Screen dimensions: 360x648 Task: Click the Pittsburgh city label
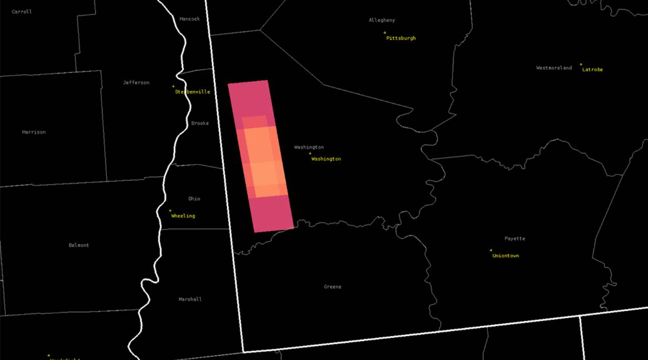pyautogui.click(x=401, y=38)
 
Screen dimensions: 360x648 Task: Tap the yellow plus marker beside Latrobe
pyautogui.click(x=581, y=64)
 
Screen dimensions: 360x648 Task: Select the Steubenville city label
pyautogui.click(x=192, y=92)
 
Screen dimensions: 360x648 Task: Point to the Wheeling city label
pyautogui.click(x=183, y=216)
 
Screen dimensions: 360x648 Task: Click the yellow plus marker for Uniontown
pyautogui.click(x=491, y=250)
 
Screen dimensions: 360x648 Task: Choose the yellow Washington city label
pyautogui.click(x=326, y=159)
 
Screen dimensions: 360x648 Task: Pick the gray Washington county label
pyautogui.click(x=309, y=147)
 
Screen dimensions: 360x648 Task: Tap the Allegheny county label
pyautogui.click(x=382, y=21)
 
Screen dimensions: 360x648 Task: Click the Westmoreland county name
pyautogui.click(x=554, y=68)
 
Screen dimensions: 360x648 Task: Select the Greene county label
pyautogui.click(x=333, y=287)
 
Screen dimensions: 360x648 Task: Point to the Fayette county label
pyautogui.click(x=515, y=239)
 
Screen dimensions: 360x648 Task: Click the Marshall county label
pyautogui.click(x=190, y=299)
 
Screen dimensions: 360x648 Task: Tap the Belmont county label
pyautogui.click(x=79, y=245)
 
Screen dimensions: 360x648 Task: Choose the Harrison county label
pyautogui.click(x=34, y=132)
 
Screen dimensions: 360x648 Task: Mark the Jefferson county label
pyautogui.click(x=136, y=83)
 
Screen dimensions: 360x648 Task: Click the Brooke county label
pyautogui.click(x=200, y=123)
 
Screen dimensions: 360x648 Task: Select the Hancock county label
pyautogui.click(x=190, y=19)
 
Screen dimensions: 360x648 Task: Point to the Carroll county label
pyautogui.click(x=22, y=11)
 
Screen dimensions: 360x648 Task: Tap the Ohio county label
pyautogui.click(x=194, y=199)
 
